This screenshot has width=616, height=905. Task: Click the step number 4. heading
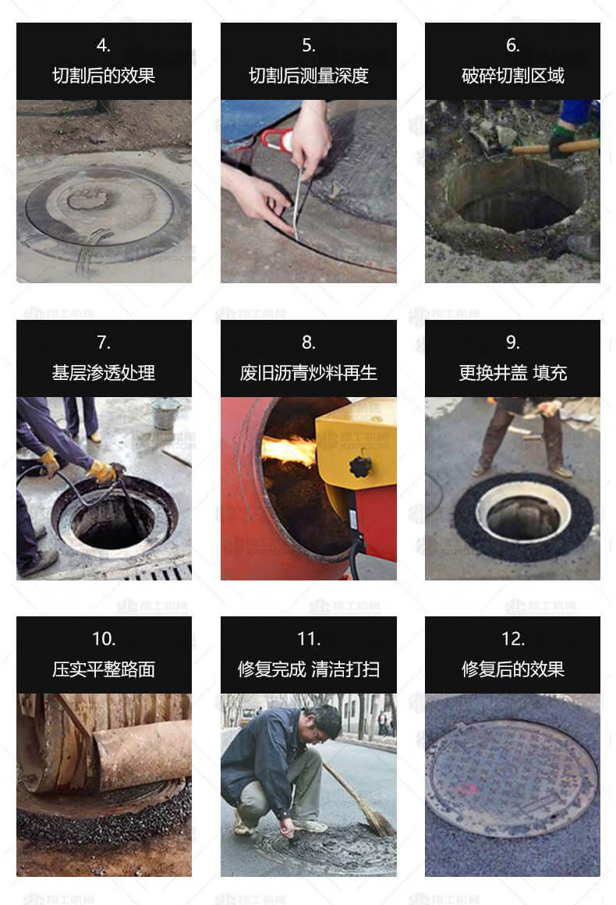point(104,45)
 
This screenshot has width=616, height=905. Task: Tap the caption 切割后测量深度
point(308,76)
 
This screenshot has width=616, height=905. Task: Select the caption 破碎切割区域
point(512,76)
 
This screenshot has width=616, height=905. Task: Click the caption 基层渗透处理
point(104,373)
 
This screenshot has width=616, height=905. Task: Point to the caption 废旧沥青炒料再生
point(308,373)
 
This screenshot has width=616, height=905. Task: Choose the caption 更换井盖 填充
point(512,373)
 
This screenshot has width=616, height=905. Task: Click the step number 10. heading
point(104,639)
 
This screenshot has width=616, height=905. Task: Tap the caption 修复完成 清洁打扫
point(308,669)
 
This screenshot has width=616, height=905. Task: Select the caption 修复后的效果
point(512,669)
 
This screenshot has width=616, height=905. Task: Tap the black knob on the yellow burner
point(360,466)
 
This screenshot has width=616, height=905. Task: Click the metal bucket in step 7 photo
point(165,413)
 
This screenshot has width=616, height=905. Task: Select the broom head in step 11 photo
point(377,822)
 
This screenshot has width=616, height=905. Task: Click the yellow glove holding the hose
point(101,471)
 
